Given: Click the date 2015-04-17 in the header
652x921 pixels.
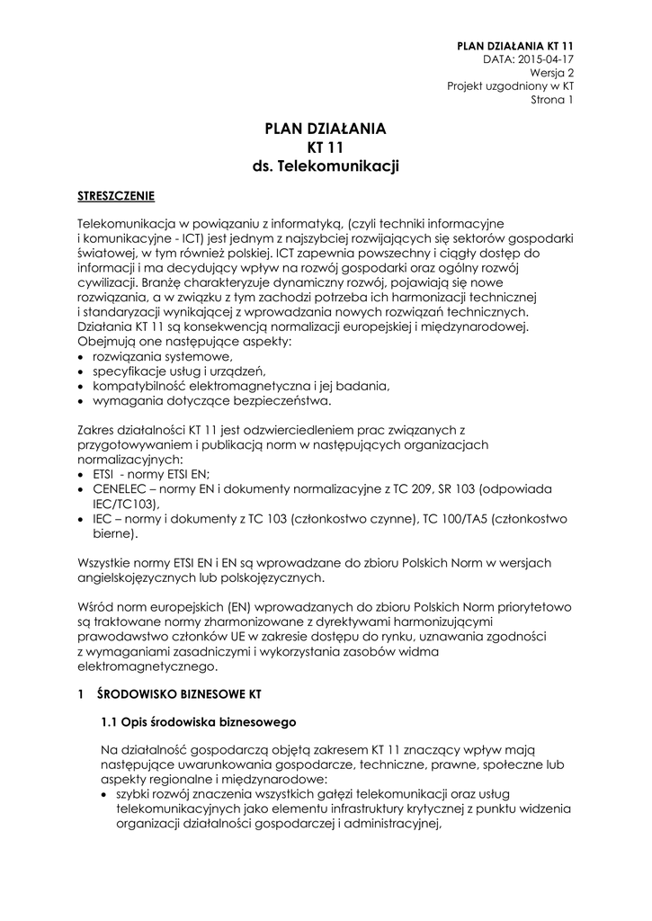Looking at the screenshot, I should [x=543, y=58].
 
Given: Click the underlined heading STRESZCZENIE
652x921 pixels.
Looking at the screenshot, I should [x=116, y=194].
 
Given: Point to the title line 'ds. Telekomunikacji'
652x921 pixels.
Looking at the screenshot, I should [x=326, y=166].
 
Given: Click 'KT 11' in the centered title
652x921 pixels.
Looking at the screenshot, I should [x=326, y=148].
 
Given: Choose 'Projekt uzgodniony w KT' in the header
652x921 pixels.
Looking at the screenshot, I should [x=511, y=85].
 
